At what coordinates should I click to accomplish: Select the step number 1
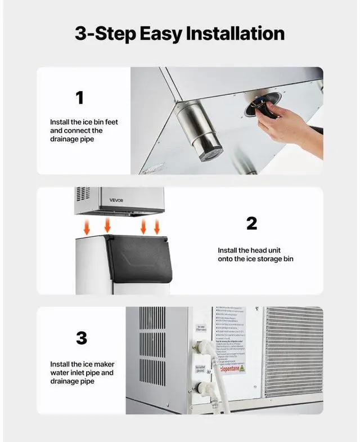click(x=79, y=98)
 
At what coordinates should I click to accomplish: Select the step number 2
click(x=251, y=223)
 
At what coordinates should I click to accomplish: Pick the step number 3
click(x=81, y=338)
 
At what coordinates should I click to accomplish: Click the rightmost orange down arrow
click(x=157, y=226)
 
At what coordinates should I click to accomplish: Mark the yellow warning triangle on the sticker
click(x=242, y=368)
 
